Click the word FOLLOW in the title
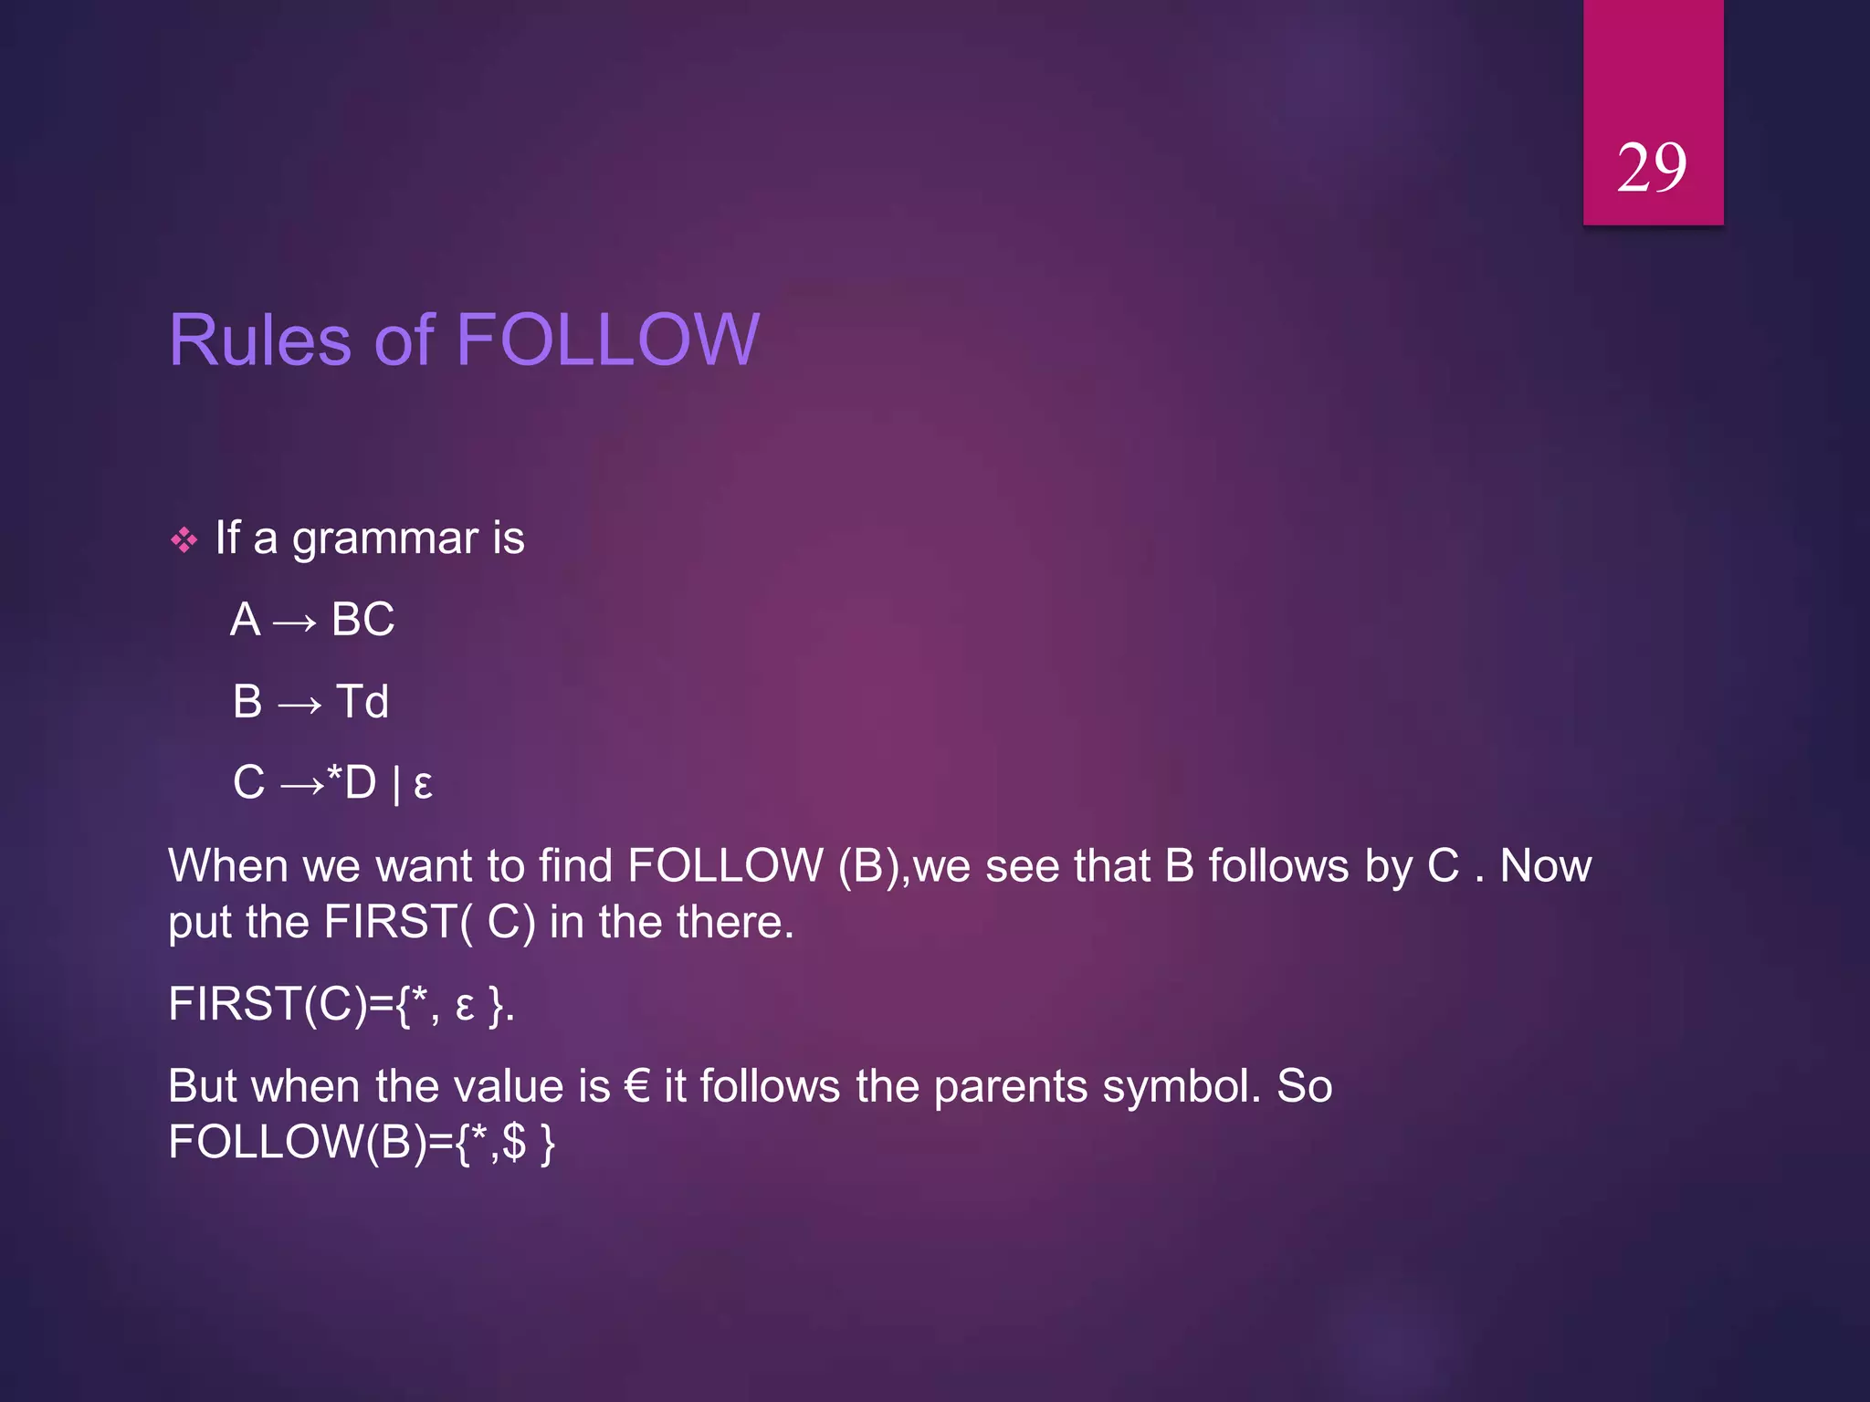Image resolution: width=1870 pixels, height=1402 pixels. click(x=607, y=340)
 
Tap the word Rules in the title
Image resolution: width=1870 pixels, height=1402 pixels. click(x=260, y=340)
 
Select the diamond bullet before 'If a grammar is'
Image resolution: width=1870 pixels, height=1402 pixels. click(x=184, y=540)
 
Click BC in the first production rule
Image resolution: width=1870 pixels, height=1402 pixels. click(x=362, y=620)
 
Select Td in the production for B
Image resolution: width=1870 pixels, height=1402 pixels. click(x=362, y=702)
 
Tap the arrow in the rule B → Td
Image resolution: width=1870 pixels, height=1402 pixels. click(x=299, y=704)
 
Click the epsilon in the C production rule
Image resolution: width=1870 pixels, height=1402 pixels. click(x=423, y=784)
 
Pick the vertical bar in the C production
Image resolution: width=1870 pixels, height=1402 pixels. click(x=395, y=784)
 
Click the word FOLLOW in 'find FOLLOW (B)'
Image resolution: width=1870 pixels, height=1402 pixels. click(x=725, y=865)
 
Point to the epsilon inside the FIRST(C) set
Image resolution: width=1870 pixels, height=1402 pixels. click(x=465, y=1006)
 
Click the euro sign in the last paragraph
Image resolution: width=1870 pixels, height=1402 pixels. click(x=636, y=1086)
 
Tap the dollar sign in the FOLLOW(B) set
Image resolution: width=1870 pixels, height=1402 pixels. click(x=514, y=1142)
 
